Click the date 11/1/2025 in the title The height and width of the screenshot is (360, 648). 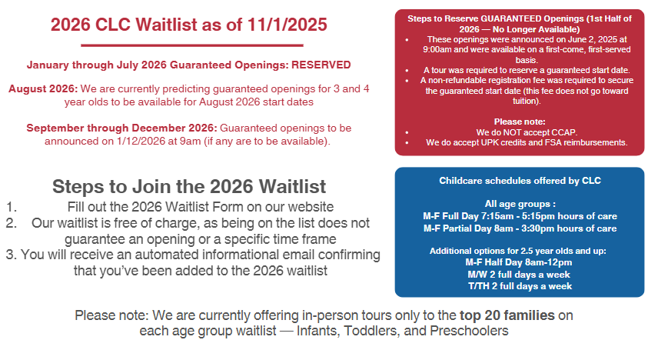[287, 25]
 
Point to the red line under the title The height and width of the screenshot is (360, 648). [192, 45]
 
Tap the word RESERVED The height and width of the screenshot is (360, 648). [321, 65]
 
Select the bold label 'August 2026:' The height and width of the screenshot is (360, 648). [43, 89]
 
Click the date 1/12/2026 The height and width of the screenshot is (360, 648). [141, 141]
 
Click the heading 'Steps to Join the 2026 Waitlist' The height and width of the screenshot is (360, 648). [189, 187]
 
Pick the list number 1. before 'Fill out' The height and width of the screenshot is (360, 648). [12, 206]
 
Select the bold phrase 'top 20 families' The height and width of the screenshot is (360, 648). [507, 315]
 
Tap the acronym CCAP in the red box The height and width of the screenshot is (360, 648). [562, 132]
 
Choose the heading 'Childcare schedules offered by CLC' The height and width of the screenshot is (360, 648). [520, 181]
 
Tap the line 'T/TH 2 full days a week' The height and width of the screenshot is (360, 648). [520, 286]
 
